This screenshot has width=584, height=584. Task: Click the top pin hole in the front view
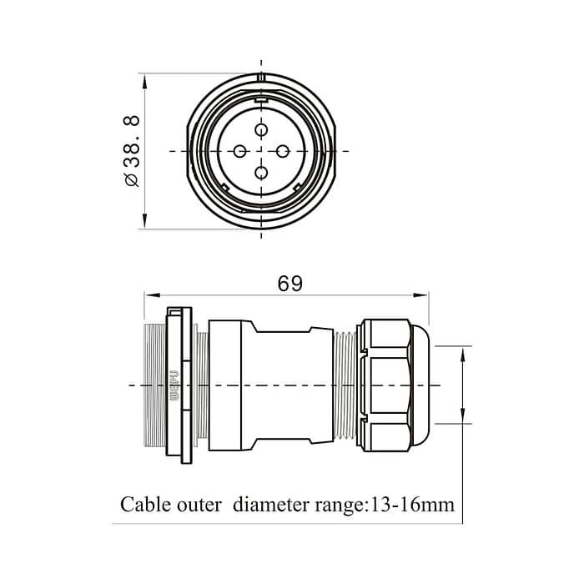pos(261,130)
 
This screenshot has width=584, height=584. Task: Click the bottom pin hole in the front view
pos(261,173)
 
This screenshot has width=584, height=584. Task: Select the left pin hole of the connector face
pos(240,151)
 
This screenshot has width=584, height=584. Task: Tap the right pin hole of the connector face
pos(283,151)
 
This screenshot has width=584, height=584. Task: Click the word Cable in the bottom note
pos(147,505)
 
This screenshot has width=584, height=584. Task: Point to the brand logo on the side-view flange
pos(174,385)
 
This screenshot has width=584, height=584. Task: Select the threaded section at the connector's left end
pos(154,385)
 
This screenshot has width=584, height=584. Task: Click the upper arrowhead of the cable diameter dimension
pos(462,351)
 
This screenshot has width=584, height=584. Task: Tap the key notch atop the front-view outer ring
pos(261,78)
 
